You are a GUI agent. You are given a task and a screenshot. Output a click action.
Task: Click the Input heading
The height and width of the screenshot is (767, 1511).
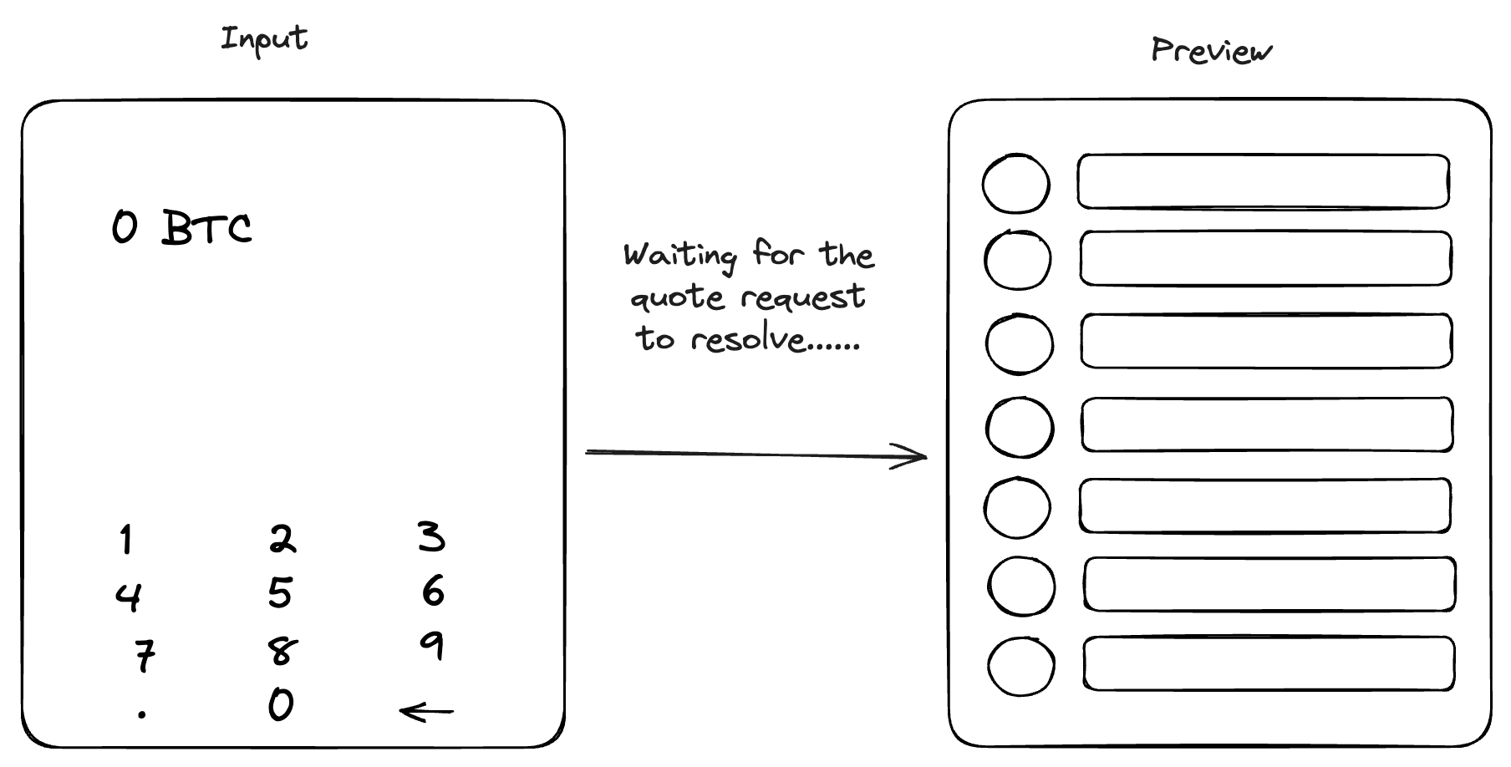coord(264,40)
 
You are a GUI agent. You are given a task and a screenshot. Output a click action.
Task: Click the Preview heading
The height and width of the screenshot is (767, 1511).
coord(1212,50)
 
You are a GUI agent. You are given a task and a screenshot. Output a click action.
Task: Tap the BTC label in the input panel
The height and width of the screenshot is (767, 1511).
coord(206,227)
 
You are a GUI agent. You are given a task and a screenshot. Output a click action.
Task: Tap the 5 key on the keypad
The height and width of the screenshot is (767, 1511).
coord(280,592)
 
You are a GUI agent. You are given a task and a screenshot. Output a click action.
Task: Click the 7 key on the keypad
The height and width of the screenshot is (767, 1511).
coord(145,655)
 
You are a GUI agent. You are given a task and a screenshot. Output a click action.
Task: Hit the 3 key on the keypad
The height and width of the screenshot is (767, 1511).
coord(431,536)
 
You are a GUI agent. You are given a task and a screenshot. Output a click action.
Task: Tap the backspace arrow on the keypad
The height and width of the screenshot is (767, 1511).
coord(426,712)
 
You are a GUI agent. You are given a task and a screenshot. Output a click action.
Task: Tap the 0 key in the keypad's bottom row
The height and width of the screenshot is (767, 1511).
coord(281,704)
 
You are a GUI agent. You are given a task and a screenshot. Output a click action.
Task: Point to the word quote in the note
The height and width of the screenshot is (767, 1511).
coord(677,298)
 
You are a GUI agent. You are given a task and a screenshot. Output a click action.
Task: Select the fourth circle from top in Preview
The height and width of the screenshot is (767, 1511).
coord(1020,398)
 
